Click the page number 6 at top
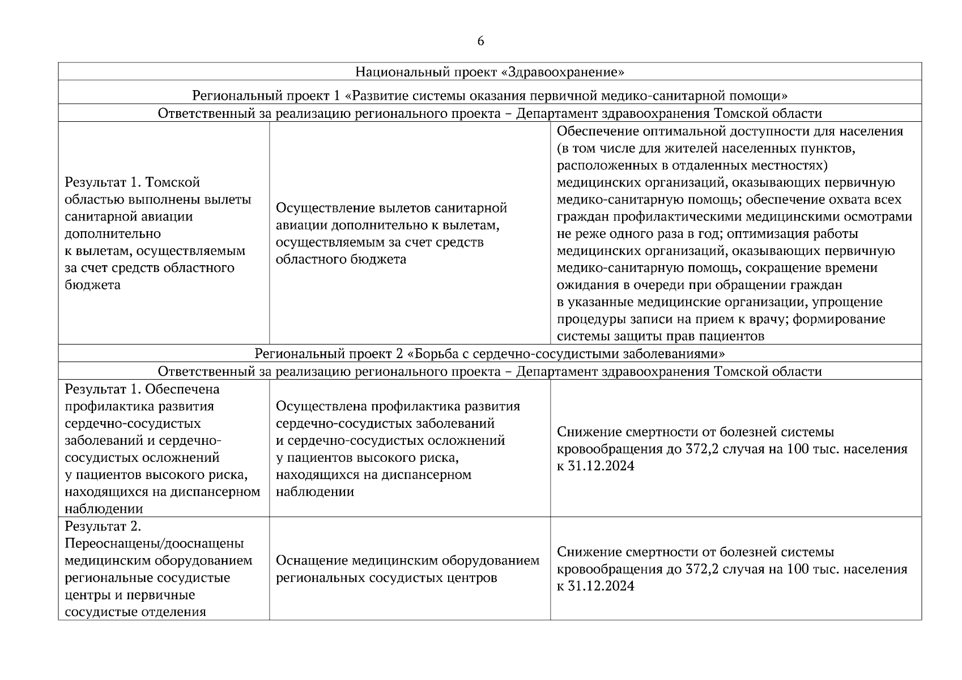tap(480, 41)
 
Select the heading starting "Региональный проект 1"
tap(489, 95)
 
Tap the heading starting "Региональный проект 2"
tap(489, 354)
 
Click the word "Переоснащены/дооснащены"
tap(154, 543)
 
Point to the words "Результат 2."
tap(103, 526)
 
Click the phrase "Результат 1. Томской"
tap(133, 182)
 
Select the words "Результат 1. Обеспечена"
tap(142, 389)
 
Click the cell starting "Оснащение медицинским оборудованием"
tap(407, 569)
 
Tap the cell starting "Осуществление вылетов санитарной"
tap(391, 233)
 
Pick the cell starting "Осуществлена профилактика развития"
tap(397, 449)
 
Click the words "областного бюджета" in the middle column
tap(341, 260)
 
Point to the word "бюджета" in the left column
tap(93, 284)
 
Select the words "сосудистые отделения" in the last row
tap(135, 612)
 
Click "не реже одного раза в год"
tap(638, 234)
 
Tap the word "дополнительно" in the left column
tap(113, 233)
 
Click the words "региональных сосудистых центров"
tap(386, 578)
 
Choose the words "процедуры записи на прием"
tap(645, 319)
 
